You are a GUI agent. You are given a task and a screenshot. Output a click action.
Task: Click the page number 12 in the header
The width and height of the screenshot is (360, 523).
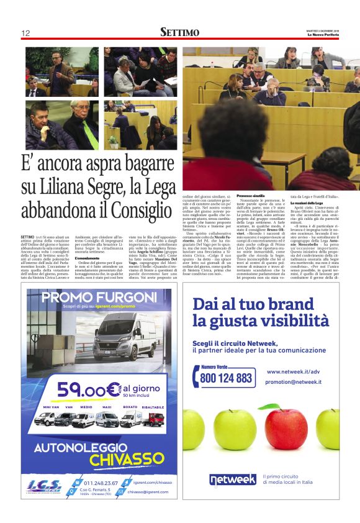click(x=25, y=33)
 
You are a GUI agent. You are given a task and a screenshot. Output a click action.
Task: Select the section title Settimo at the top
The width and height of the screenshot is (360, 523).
click(x=179, y=32)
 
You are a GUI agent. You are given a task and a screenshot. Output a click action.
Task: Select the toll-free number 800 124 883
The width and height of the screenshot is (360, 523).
click(x=227, y=377)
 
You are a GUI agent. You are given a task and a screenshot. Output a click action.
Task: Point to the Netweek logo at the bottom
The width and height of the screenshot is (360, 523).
click(x=232, y=480)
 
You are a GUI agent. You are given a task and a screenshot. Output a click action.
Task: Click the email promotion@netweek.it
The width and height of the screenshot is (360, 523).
click(x=294, y=381)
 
